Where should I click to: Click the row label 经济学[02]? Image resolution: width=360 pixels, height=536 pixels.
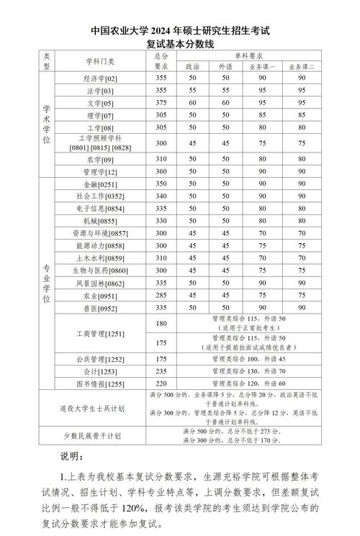[100, 78]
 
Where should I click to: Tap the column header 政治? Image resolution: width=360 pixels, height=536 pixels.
[192, 65]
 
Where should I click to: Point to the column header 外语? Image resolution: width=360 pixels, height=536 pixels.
[225, 65]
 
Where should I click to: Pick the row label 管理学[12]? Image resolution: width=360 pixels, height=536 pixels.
[100, 171]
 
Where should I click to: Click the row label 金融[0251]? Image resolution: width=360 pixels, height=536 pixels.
[100, 183]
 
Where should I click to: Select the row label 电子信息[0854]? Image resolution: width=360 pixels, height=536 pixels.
[100, 208]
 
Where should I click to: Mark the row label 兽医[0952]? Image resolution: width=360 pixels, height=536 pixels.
[100, 307]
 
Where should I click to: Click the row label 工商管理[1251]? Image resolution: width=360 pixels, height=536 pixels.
[100, 333]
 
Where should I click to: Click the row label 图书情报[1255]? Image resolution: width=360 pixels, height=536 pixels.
[100, 383]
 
